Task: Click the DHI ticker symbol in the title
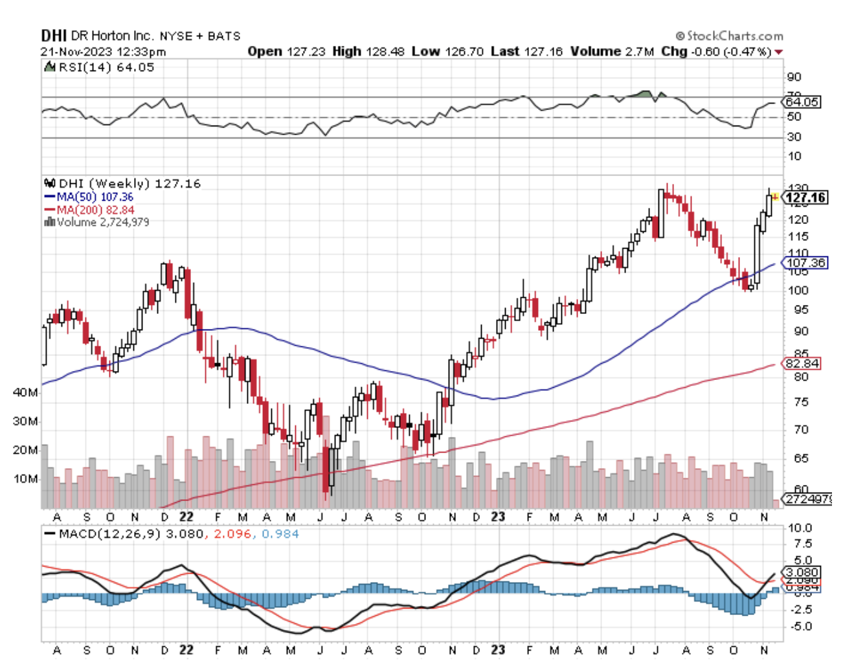54,36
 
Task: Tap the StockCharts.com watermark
730,36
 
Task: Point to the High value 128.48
386,52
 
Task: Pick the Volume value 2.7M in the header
639,52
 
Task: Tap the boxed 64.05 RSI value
802,102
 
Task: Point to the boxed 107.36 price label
805,263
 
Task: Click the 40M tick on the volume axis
25,392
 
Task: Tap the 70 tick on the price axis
796,429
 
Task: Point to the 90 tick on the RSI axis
794,78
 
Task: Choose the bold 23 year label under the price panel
497,517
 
